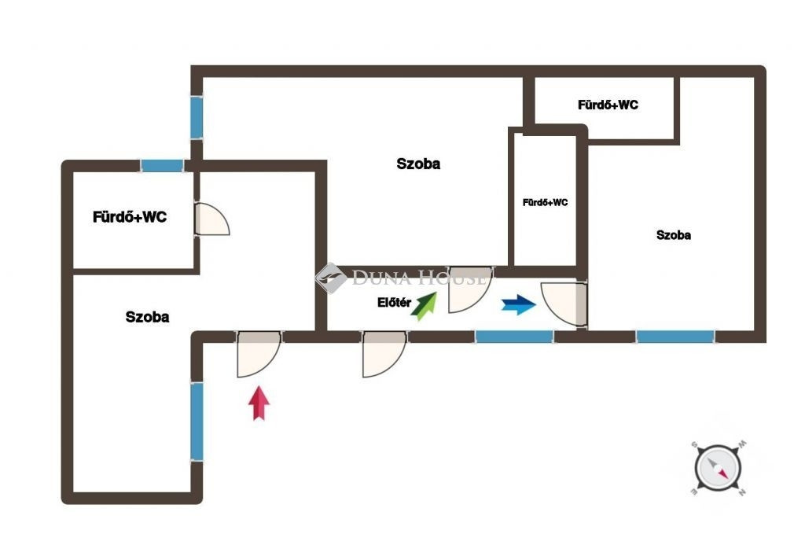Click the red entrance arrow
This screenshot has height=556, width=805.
(x=259, y=403)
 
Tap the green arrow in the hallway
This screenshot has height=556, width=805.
(x=424, y=306)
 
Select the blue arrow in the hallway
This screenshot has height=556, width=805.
(x=519, y=304)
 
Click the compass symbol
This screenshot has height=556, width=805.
(x=718, y=468)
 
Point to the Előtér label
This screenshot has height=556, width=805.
(x=395, y=303)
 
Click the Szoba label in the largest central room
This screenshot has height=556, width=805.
(x=418, y=164)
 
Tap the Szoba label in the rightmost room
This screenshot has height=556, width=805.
(x=674, y=235)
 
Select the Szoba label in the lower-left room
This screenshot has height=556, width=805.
(x=147, y=317)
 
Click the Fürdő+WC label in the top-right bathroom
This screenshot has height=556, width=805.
(x=608, y=105)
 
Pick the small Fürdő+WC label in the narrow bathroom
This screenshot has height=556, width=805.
(x=546, y=203)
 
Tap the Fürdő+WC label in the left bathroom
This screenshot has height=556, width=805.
(x=130, y=217)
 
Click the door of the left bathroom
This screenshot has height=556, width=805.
(x=212, y=219)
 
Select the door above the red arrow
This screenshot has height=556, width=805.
(x=259, y=354)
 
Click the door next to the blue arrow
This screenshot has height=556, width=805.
(x=564, y=304)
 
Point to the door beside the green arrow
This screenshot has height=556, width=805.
(x=470, y=289)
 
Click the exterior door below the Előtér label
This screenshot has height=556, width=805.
(x=384, y=354)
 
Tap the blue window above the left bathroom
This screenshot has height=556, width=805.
(x=162, y=166)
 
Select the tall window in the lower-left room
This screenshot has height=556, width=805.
(x=197, y=422)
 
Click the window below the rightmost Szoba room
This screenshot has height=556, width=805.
(x=675, y=337)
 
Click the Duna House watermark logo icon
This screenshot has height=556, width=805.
(x=331, y=278)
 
